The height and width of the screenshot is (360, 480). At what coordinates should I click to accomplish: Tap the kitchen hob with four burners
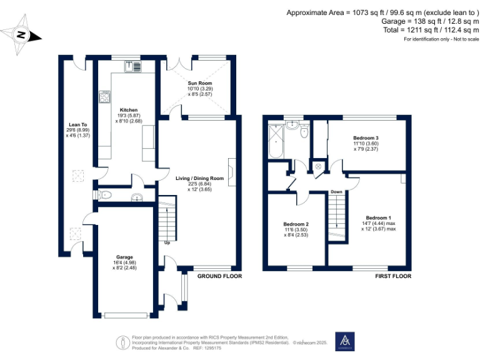104,97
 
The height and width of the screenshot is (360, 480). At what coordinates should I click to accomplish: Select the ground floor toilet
104,195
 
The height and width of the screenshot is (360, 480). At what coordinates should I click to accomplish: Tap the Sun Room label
200,83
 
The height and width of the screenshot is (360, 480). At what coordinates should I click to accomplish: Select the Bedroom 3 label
366,137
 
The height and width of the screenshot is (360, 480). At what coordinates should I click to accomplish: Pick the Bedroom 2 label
296,224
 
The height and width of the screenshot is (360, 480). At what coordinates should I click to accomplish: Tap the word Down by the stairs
336,192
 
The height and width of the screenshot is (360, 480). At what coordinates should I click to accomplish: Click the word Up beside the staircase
166,242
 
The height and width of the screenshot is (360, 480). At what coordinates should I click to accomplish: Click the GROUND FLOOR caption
219,276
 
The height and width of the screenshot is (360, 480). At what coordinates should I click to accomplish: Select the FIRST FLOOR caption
393,276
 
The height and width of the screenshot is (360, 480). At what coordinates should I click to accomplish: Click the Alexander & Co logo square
345,341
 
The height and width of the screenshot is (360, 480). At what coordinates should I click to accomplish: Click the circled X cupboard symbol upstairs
317,167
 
